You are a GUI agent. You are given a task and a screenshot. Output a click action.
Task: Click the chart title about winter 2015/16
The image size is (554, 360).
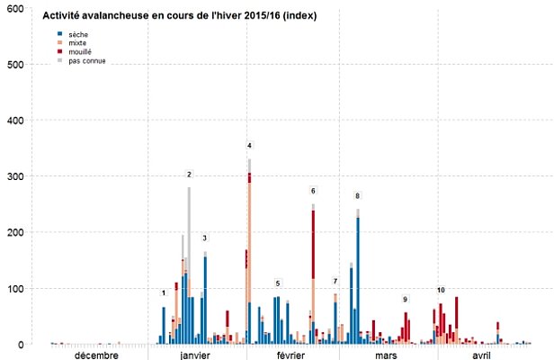[x=180, y=16]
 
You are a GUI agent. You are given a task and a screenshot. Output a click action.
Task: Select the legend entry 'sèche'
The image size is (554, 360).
[x=78, y=34]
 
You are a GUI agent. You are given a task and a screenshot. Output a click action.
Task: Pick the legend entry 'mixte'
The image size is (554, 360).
[x=78, y=43]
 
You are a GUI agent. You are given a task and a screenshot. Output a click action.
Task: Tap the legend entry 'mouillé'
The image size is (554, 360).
[x=80, y=52]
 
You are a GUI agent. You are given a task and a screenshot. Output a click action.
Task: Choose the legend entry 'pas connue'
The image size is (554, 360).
[x=85, y=61]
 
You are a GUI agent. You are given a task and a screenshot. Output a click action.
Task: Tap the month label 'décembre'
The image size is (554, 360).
[x=96, y=355]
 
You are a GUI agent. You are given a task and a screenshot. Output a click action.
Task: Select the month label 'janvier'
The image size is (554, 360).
[x=195, y=355]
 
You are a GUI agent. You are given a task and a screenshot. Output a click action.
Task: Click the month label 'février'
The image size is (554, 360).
[x=290, y=355]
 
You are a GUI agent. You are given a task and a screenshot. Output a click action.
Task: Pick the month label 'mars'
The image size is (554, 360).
[x=387, y=355]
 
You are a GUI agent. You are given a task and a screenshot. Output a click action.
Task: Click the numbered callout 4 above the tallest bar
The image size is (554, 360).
[x=249, y=145]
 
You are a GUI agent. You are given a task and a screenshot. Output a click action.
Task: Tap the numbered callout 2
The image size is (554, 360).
[x=189, y=174]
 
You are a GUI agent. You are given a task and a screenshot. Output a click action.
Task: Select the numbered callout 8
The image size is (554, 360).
[x=357, y=195]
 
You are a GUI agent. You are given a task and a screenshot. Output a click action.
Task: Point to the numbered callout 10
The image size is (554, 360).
[x=441, y=290]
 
